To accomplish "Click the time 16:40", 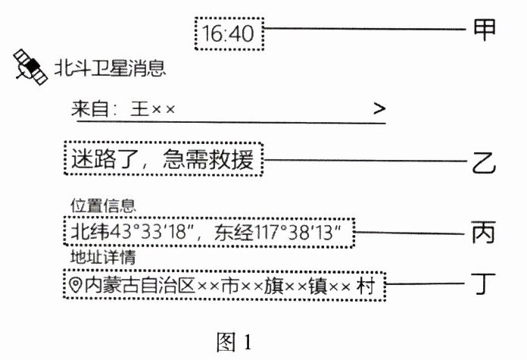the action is point(229,33).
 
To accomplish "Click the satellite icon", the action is point(30,67).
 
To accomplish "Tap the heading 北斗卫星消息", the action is point(110,69).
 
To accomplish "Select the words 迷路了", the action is point(101,160).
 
